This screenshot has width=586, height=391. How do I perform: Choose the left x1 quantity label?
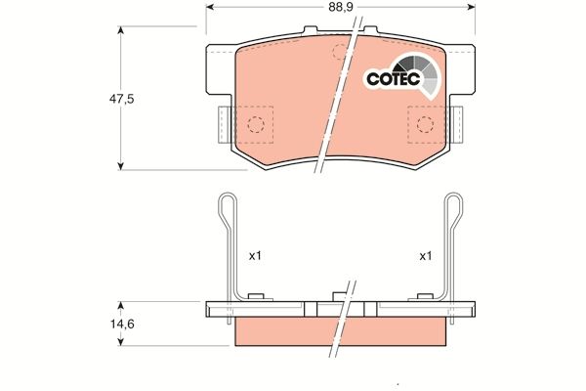255,256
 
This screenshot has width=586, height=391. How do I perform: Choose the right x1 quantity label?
425,256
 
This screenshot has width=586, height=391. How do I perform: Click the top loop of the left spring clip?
226,204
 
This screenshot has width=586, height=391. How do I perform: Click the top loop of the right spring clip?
452,204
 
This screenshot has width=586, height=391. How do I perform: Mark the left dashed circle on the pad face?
255,124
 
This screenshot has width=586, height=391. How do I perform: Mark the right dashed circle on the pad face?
425,123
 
